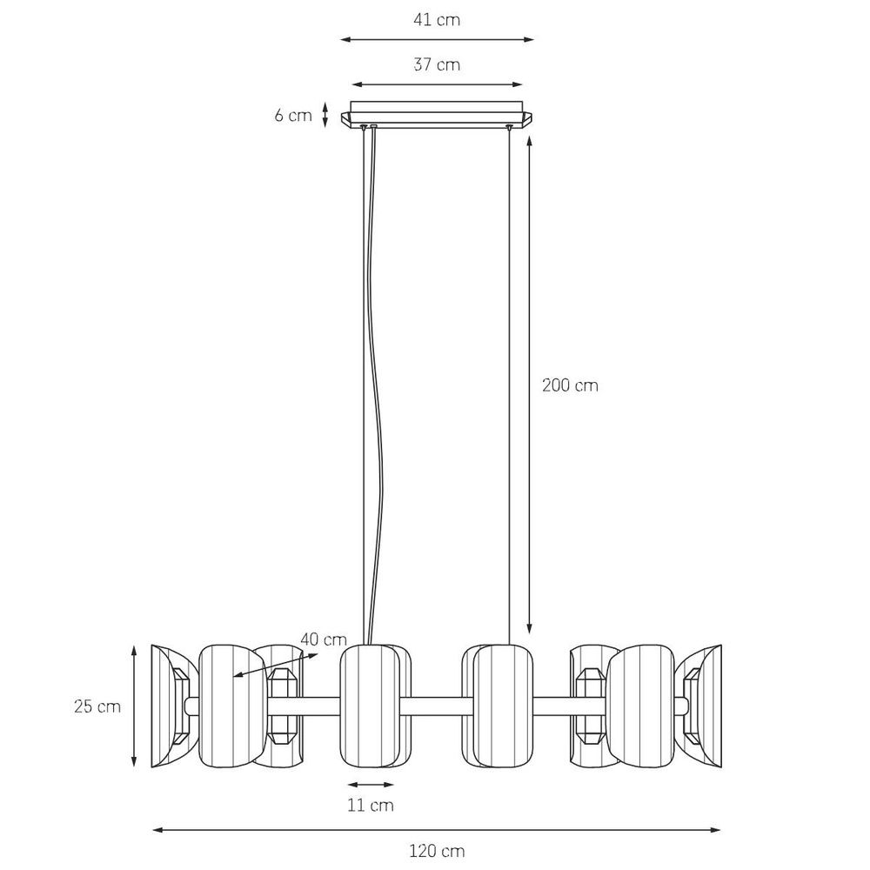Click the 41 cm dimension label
[x=437, y=20]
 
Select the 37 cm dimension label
[x=437, y=65]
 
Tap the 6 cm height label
[x=293, y=116]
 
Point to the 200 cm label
[x=570, y=385]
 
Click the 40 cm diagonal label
[x=324, y=639]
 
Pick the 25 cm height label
[x=97, y=706]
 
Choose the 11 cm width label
[x=371, y=805]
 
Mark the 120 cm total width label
[x=437, y=850]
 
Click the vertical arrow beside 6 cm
[x=325, y=115]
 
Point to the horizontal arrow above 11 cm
[x=371, y=783]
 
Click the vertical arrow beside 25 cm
[x=134, y=706]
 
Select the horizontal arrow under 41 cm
[x=437, y=39]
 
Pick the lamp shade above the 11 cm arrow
[x=369, y=706]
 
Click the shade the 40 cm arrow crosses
[x=231, y=706]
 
